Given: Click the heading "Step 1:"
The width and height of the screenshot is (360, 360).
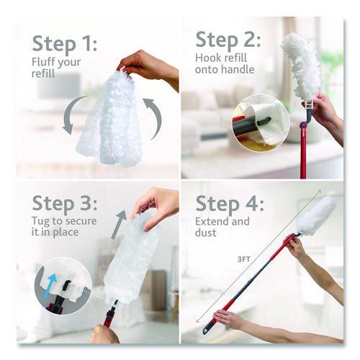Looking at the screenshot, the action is point(65,44).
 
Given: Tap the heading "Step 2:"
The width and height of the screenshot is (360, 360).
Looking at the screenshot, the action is point(228,40).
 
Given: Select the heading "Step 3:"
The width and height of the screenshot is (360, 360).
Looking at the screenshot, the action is point(65,204).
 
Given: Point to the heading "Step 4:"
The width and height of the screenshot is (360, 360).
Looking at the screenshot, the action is point(230,204).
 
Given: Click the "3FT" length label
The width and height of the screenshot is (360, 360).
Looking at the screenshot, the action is point(243,259).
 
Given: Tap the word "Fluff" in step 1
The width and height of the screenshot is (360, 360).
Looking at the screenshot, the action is point(43,62).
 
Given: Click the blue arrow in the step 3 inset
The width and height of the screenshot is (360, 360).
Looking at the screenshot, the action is point(50,286).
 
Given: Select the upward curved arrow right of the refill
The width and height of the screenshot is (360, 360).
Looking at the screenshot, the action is point(154,117).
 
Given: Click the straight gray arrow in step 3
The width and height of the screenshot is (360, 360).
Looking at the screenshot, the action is point(120,225).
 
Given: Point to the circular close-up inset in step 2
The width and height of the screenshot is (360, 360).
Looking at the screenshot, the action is point(261,123).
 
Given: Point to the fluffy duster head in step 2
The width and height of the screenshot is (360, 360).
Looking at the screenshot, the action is point(302,67).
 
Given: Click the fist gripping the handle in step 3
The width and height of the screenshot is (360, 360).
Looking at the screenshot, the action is point(104,334).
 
